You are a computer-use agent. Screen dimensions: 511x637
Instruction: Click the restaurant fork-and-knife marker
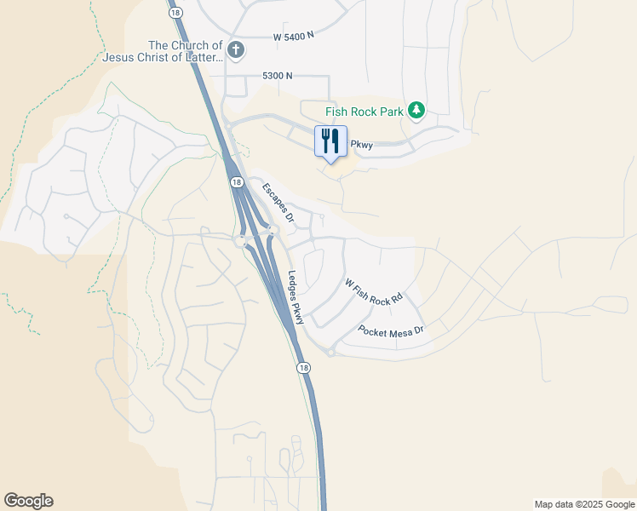click(x=330, y=141)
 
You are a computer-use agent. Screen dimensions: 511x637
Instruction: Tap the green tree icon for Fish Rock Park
click(x=416, y=111)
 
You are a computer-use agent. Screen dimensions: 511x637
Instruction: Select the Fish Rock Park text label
click(x=364, y=112)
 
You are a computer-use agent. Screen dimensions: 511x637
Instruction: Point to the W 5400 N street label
click(x=294, y=37)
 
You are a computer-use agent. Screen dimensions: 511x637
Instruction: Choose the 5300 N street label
click(x=278, y=76)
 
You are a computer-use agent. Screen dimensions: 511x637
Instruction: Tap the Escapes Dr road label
click(x=278, y=203)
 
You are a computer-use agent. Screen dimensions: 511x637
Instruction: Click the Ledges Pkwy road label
click(x=296, y=298)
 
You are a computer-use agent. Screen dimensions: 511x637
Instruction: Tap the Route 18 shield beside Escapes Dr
click(x=236, y=182)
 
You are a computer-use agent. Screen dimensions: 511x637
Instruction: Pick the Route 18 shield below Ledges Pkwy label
click(x=304, y=367)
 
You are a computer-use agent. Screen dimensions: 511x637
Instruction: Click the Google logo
click(x=28, y=501)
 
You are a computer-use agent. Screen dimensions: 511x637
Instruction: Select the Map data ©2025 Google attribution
click(x=583, y=504)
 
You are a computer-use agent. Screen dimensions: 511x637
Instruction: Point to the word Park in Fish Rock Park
click(x=390, y=112)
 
